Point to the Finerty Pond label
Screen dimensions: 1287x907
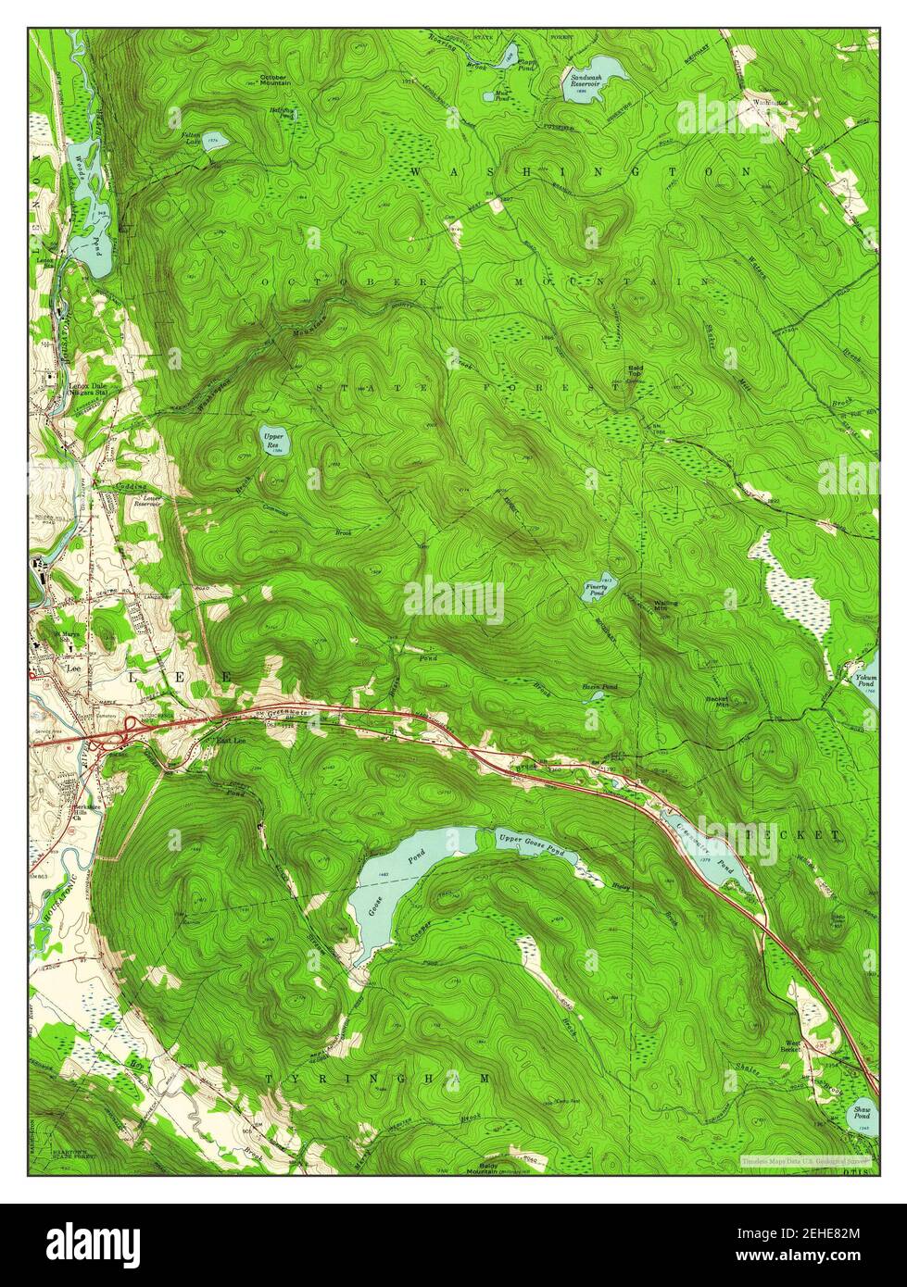pos(596,588)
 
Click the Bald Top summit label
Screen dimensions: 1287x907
pos(636,371)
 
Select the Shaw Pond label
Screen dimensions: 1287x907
pos(862,1110)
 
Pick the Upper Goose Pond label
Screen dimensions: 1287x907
pos(528,839)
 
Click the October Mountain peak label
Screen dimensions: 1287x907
pos(275,79)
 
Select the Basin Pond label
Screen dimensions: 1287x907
pos(599,687)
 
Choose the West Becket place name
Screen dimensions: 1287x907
pos(790,1046)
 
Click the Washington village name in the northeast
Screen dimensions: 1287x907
pos(770,102)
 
